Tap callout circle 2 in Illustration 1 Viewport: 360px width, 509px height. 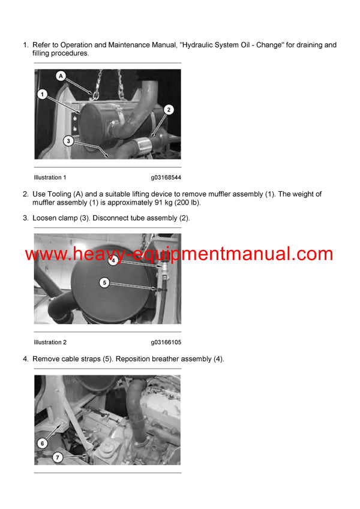(x=169, y=109)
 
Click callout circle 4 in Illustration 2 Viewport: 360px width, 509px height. (x=113, y=261)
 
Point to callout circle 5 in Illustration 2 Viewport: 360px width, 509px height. (x=104, y=282)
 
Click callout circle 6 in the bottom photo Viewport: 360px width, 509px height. (x=42, y=444)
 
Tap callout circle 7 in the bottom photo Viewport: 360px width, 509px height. (x=58, y=458)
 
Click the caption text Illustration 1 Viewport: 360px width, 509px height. (x=50, y=177)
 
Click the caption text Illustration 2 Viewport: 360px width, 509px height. (x=50, y=342)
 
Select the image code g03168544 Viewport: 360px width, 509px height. (x=166, y=177)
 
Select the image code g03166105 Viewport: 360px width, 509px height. (x=166, y=342)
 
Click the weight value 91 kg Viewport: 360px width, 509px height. (x=156, y=203)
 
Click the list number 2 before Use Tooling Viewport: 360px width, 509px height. (x=25, y=194)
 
